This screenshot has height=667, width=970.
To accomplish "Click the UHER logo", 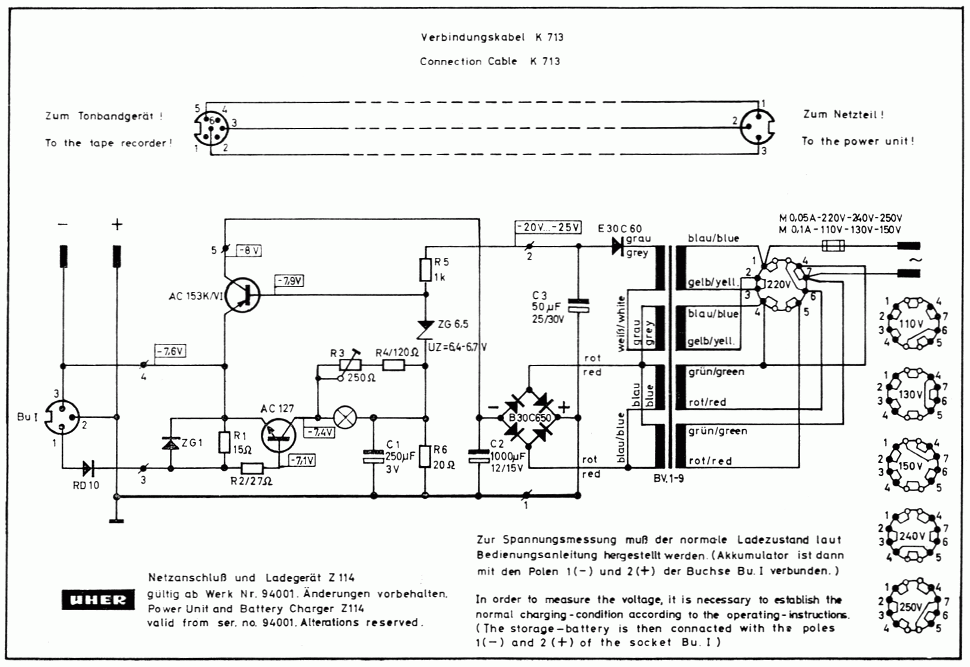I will (97, 599).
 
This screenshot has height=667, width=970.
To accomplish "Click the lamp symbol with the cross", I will (345, 417).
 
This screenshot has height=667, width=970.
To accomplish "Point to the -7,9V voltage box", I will (289, 281).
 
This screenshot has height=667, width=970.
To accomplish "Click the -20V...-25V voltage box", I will (548, 227).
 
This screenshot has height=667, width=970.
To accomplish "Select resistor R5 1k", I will (425, 270).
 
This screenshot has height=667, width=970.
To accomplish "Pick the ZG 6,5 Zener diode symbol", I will (425, 328).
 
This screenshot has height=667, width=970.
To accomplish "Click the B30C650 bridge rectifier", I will (529, 417).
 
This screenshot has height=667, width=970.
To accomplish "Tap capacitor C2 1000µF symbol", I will (478, 456).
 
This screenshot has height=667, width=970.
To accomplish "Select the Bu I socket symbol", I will (63, 417).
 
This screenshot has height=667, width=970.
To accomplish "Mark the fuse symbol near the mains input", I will (833, 245).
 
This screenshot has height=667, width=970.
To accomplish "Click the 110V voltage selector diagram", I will (911, 324).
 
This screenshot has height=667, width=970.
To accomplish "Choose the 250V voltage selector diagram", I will (911, 607).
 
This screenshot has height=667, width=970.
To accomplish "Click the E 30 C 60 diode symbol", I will (618, 246).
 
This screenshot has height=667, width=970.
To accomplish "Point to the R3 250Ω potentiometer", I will (349, 365).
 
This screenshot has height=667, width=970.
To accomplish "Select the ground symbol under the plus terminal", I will (117, 520).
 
